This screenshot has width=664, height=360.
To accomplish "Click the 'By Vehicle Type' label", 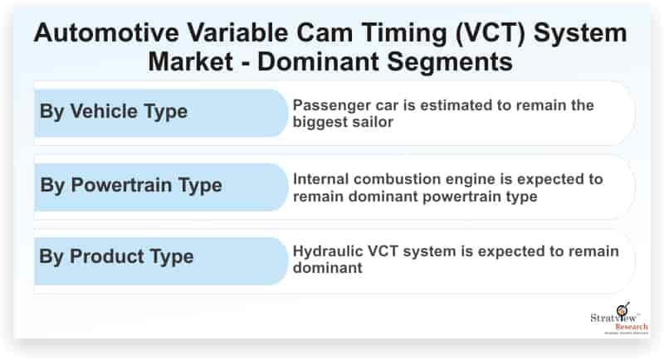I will [114, 111].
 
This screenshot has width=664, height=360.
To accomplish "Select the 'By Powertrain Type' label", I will [130, 184].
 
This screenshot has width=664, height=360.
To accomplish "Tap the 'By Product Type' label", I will [116, 255].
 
